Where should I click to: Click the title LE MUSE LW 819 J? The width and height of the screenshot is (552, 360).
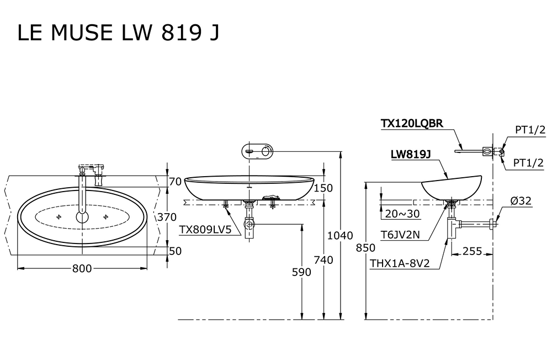118,33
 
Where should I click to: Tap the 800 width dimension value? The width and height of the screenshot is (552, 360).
82,269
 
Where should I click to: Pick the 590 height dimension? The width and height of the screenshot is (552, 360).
301,272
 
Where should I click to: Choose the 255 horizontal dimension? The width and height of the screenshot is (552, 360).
473,251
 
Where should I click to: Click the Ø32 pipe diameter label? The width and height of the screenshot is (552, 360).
521,201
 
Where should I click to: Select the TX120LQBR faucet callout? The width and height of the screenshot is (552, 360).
412,124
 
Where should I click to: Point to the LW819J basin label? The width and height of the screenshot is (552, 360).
410,155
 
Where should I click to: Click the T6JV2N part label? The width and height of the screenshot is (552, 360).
401,235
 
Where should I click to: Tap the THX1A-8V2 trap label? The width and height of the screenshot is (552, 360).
400,263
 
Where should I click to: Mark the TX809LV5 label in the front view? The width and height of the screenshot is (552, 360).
204,229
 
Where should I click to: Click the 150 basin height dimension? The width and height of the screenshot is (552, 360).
323,188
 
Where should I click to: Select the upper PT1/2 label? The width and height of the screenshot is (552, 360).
530,130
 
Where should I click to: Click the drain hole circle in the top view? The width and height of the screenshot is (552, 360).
82,216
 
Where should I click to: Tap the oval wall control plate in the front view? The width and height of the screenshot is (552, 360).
257,150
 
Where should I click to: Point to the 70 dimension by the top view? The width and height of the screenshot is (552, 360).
176,182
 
